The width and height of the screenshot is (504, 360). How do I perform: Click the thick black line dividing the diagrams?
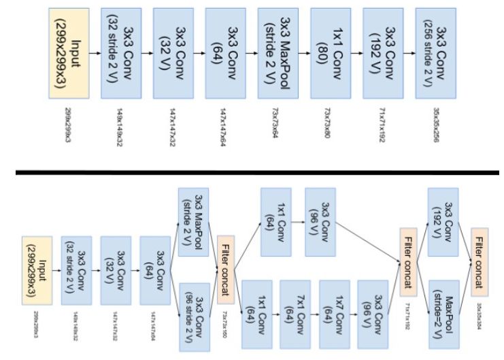pos(252,171)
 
